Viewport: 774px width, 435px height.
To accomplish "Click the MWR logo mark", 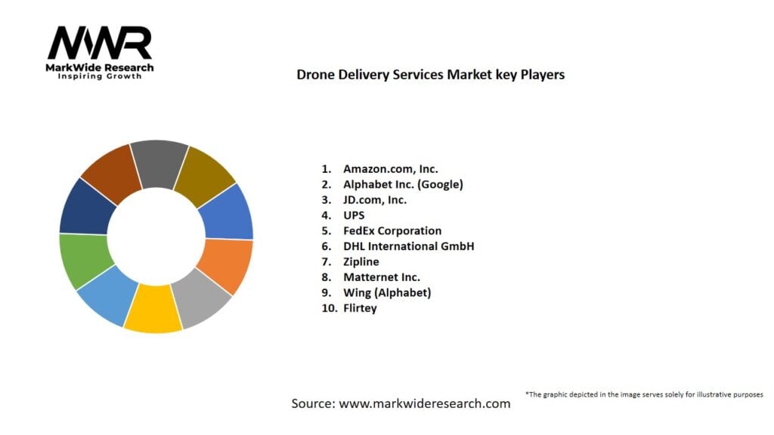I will [x=99, y=44].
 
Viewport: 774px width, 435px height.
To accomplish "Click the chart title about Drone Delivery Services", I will [x=430, y=75].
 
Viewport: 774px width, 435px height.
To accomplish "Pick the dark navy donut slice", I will [x=85, y=208].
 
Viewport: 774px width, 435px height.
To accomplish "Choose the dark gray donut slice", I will [x=159, y=162].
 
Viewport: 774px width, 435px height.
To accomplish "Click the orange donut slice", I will [x=224, y=265].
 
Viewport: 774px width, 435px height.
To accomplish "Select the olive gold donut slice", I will [x=204, y=177].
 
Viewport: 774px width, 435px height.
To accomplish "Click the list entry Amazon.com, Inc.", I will [x=390, y=168].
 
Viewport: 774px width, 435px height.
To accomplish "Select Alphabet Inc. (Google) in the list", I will [x=402, y=184].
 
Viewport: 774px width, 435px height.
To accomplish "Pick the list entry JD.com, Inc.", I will [x=374, y=200].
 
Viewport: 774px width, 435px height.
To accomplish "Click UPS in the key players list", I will [x=354, y=215].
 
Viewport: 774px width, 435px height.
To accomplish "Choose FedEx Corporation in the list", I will [x=392, y=231].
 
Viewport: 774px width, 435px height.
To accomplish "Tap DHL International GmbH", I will [x=408, y=246].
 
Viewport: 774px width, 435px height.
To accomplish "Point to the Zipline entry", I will [x=361, y=262].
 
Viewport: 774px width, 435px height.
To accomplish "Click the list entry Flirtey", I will [x=359, y=308].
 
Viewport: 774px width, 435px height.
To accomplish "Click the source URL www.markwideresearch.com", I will [x=424, y=403].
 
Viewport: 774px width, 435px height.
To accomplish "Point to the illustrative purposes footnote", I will [x=644, y=394].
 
